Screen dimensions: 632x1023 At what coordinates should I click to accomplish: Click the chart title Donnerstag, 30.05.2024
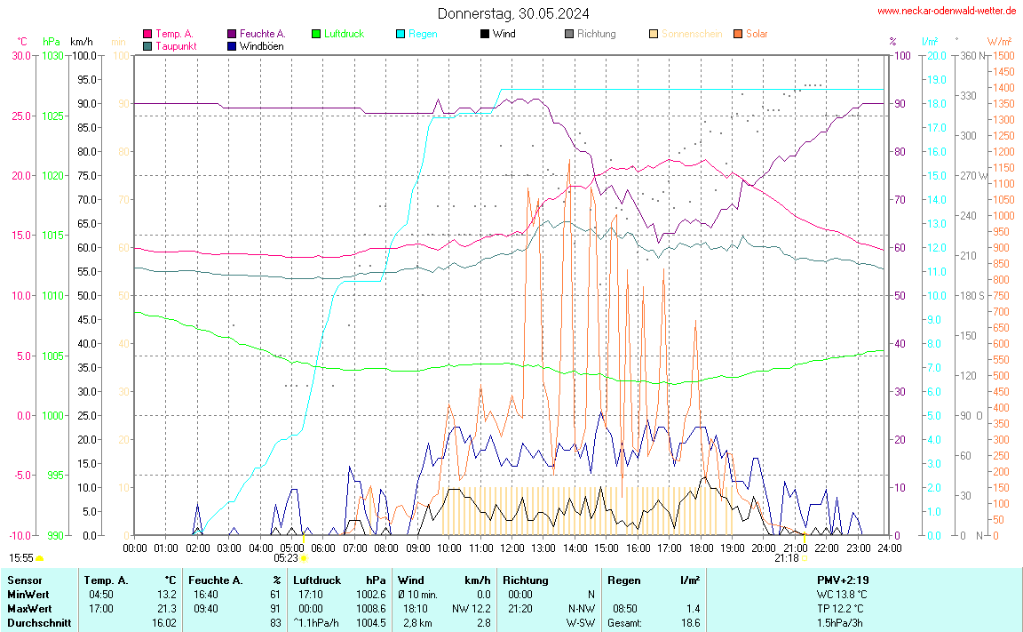512,13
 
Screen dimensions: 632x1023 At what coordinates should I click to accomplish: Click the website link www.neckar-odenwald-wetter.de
946,11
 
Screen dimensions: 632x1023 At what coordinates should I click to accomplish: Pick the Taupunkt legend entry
176,45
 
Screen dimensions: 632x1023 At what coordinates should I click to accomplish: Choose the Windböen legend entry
262,45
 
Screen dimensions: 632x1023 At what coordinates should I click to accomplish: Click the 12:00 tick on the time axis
511,548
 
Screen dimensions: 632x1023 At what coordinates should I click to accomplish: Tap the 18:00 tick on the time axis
702,548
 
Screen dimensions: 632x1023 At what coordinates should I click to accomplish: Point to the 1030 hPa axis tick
52,56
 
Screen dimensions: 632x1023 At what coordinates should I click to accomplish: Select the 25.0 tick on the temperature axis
21,116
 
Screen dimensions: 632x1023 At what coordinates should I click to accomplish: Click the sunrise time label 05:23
286,558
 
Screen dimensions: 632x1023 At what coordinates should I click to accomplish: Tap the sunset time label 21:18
786,558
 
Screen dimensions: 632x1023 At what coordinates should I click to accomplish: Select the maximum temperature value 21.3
167,609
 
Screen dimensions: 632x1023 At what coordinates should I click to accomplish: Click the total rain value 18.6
690,623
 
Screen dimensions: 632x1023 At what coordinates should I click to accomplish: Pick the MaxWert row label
28,609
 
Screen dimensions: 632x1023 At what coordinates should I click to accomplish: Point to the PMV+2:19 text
842,580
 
